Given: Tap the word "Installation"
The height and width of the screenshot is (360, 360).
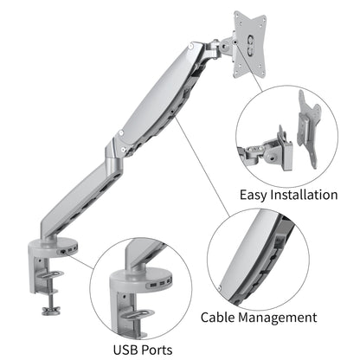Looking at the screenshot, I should click(x=306, y=195).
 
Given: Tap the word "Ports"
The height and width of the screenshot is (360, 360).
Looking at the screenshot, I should click(x=169, y=350).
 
